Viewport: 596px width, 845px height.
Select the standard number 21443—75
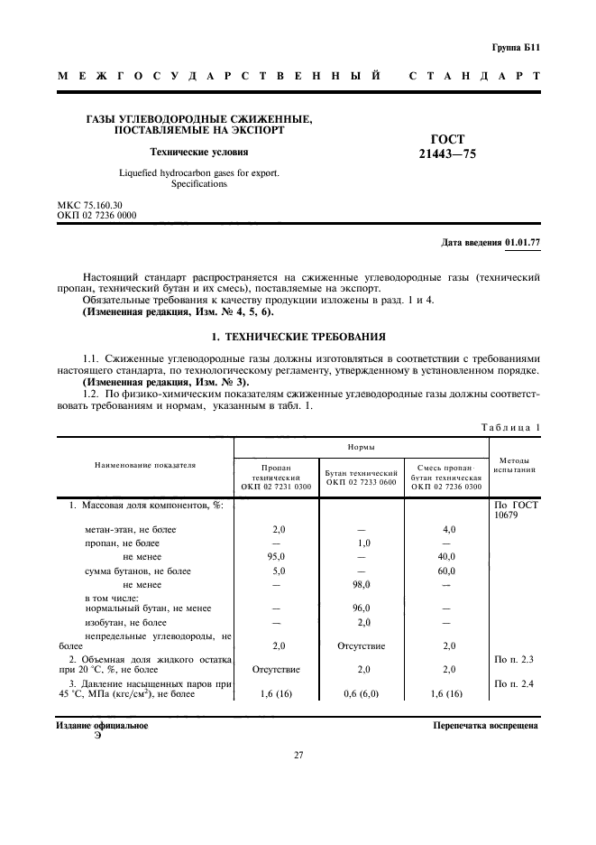[446, 154]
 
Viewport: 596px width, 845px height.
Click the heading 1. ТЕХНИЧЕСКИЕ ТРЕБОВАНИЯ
[298, 337]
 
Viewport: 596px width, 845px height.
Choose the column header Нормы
[362, 446]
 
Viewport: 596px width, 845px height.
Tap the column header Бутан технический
[362, 472]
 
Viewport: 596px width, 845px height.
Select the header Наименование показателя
[145, 465]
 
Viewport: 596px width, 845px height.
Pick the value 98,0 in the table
[362, 584]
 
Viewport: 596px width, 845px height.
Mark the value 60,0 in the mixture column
[446, 571]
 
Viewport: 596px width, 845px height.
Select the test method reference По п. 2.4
[515, 684]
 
